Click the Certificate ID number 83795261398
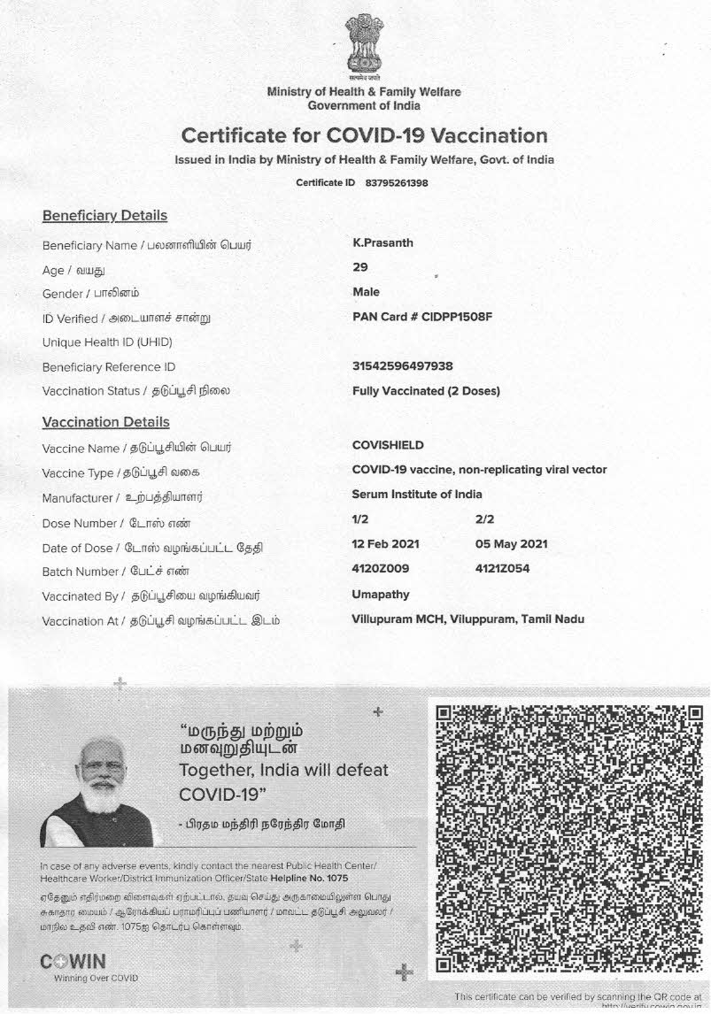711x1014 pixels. pos(397,183)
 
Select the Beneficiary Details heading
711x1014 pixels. pos(104,216)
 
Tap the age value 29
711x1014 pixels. pos(359,267)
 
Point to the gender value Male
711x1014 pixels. pos(366,292)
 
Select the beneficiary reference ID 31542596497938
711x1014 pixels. pos(402,366)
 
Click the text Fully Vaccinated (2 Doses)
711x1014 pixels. pos(426,391)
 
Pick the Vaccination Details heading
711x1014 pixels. pos(105,422)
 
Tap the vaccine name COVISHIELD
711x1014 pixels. pos(388,445)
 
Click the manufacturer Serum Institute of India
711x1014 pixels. pos(417,495)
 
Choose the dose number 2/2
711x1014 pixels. pos(485,519)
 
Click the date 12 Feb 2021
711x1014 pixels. pos(386,544)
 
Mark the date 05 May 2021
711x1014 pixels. pos(512,544)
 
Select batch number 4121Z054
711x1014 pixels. pos(503,569)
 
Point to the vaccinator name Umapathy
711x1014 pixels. pos(381,595)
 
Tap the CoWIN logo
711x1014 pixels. pos(73,962)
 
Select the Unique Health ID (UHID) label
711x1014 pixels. pos(107,342)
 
